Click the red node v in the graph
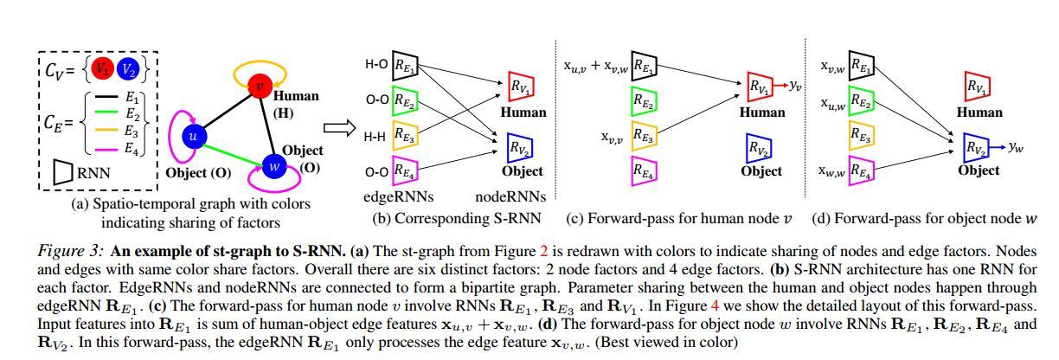(x=260, y=86)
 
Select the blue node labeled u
(x=194, y=136)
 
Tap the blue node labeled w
(x=274, y=164)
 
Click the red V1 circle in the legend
(x=102, y=68)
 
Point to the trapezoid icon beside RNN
(x=62, y=171)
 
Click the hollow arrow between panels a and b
(x=343, y=129)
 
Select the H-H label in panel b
(x=375, y=136)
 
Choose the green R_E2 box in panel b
(x=404, y=100)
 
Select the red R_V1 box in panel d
(x=978, y=86)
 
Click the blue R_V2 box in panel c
(x=760, y=148)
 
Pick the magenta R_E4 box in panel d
(x=861, y=170)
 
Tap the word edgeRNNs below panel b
(x=397, y=196)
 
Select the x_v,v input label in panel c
(x=615, y=136)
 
